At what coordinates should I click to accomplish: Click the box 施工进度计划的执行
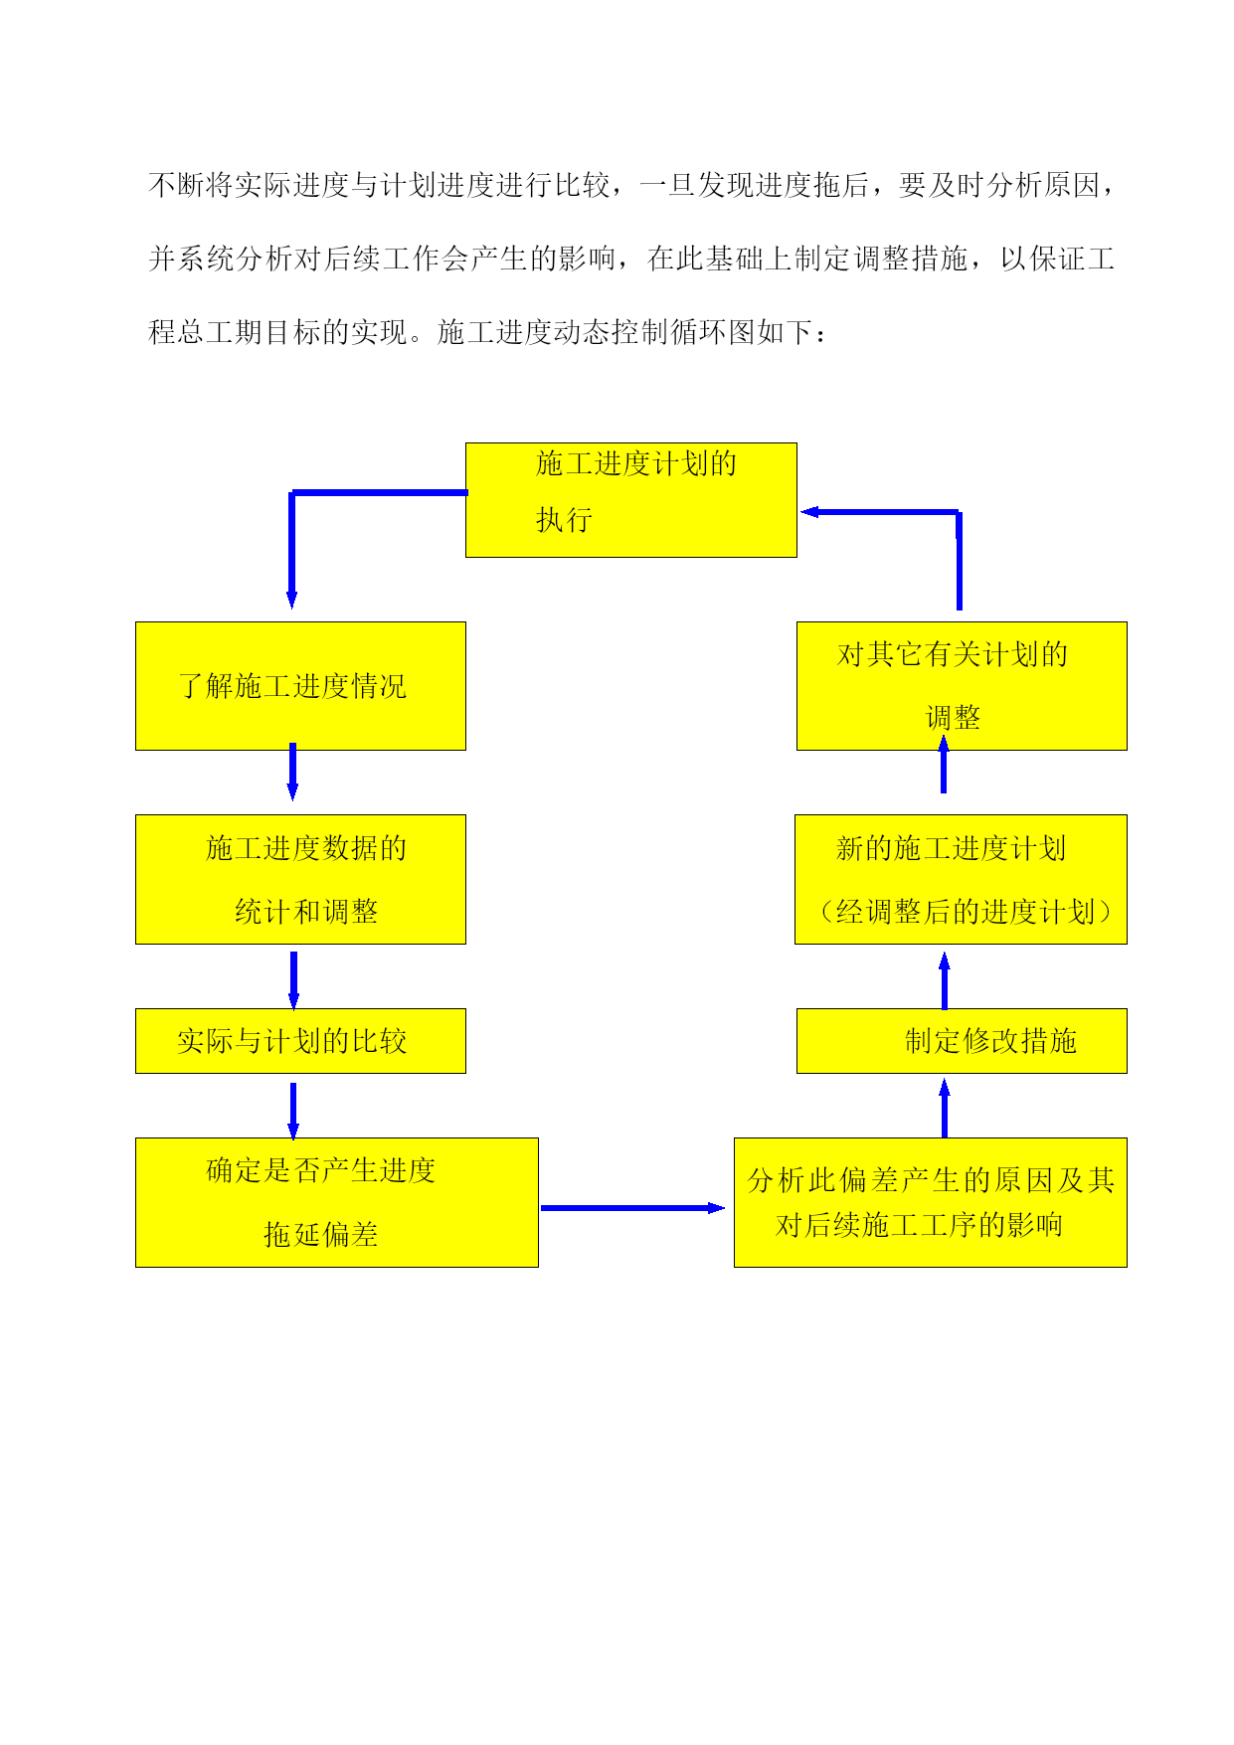[x=631, y=500]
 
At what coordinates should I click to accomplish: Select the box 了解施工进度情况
[x=300, y=686]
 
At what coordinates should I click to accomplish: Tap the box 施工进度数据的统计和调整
[x=300, y=879]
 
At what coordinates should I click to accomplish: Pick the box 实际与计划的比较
[x=300, y=1041]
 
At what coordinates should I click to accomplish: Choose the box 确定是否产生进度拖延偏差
[x=337, y=1202]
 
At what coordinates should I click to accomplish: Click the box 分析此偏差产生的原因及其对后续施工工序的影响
[x=931, y=1202]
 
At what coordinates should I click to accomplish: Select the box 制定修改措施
[x=962, y=1041]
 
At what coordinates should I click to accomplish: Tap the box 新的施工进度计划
[x=961, y=879]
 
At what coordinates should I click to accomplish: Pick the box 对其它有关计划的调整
[x=962, y=686]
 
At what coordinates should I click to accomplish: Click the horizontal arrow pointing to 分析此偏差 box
[x=632, y=1208]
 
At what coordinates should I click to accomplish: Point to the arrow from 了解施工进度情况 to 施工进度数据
[x=292, y=772]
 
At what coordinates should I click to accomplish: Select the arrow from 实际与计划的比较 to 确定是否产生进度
[x=293, y=1112]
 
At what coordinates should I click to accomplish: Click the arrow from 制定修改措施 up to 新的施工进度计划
[x=945, y=980]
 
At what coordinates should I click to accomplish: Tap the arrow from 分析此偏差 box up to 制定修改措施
[x=945, y=1109]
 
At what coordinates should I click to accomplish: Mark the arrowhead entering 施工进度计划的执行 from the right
[x=809, y=512]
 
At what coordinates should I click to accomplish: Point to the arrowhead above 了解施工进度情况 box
[x=292, y=600]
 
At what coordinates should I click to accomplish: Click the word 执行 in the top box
[x=564, y=520]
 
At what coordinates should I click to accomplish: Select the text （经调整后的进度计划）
[x=965, y=912]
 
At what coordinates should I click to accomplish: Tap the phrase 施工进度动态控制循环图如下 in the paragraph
[x=625, y=332]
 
